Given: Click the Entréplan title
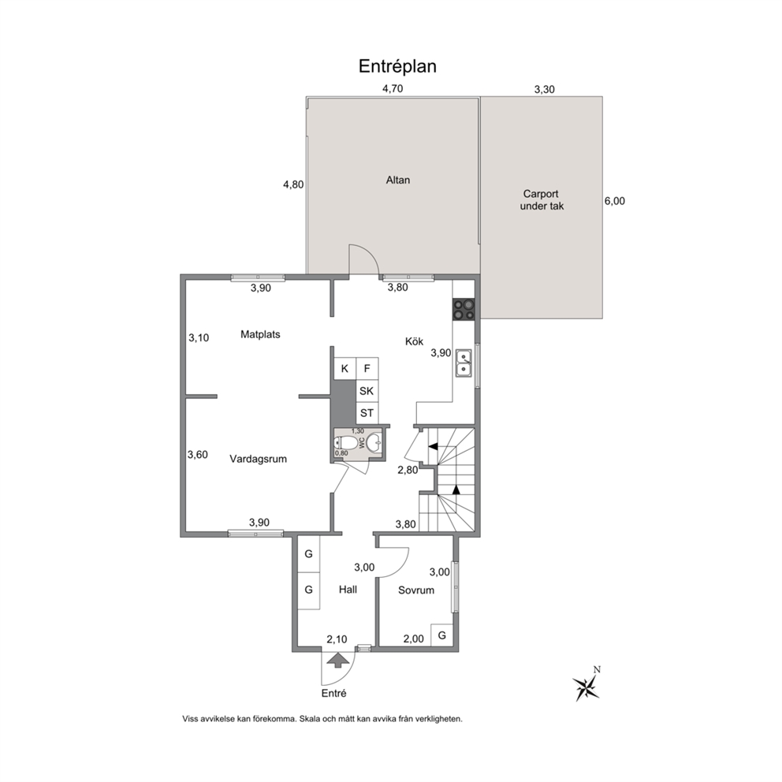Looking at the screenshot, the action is click(397, 66).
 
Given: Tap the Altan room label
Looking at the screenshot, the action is click(398, 180).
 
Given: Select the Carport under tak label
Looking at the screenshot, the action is click(542, 200).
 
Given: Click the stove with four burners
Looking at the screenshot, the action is click(464, 309).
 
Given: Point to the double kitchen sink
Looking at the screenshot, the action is click(464, 363).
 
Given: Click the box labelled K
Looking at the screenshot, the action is click(344, 369).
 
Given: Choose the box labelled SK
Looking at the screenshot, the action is click(367, 391).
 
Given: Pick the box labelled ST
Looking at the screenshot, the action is click(367, 413).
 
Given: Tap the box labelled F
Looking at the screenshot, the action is click(367, 369).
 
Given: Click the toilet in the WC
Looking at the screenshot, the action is click(345, 443).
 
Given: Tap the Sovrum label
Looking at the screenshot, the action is click(416, 590).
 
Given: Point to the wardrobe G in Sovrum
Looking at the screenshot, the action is click(442, 635).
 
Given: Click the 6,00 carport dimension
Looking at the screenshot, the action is click(614, 201).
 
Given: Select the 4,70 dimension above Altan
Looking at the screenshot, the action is click(393, 89).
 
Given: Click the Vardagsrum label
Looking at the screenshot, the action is click(259, 459).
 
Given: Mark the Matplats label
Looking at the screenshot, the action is click(260, 334).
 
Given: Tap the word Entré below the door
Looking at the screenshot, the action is click(333, 693).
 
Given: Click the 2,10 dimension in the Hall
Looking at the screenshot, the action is click(337, 639).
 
